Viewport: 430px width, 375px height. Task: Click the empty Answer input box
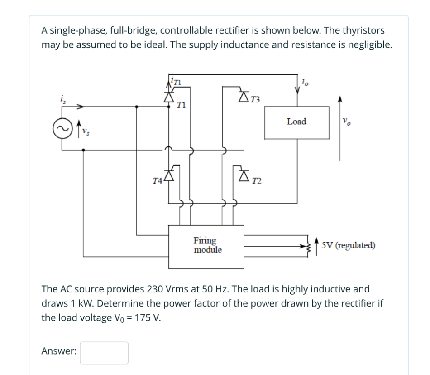pos(104,353)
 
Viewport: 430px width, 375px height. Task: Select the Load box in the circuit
pos(296,122)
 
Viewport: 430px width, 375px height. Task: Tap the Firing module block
pos(207,244)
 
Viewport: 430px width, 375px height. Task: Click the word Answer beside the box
pos(59,351)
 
